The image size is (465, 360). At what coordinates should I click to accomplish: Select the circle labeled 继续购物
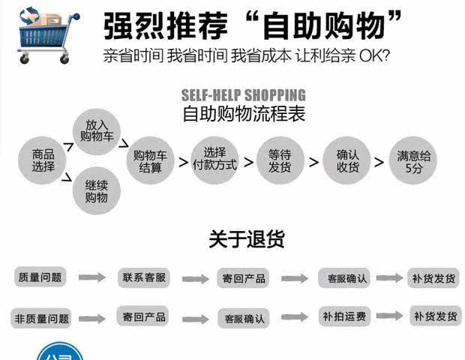tap(97, 191)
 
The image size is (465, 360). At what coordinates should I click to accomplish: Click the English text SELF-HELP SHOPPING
tap(244, 95)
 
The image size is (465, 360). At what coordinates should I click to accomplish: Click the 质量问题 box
tap(40, 277)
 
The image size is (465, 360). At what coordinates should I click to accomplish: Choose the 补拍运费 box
tap(343, 316)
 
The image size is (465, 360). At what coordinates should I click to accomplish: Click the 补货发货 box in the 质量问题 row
tap(433, 278)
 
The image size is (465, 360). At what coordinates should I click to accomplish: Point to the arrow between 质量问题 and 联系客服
tap(92, 277)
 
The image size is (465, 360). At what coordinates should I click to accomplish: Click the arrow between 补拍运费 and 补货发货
tap(389, 316)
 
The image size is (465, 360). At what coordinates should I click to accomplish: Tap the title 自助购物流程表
tap(244, 115)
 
